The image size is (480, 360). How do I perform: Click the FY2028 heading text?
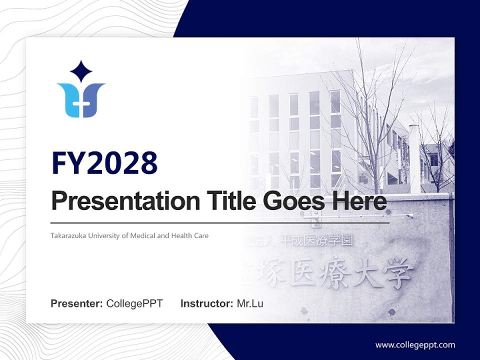(104, 163)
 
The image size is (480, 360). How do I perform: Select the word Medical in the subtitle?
(142, 235)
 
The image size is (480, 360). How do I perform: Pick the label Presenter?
(77, 303)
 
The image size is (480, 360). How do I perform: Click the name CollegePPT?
(134, 303)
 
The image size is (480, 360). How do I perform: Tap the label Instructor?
(207, 303)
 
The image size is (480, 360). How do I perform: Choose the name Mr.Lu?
(250, 303)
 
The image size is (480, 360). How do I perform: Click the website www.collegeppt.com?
(415, 345)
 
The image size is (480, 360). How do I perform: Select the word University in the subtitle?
(103, 235)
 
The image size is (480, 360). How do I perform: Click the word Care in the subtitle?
(201, 235)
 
